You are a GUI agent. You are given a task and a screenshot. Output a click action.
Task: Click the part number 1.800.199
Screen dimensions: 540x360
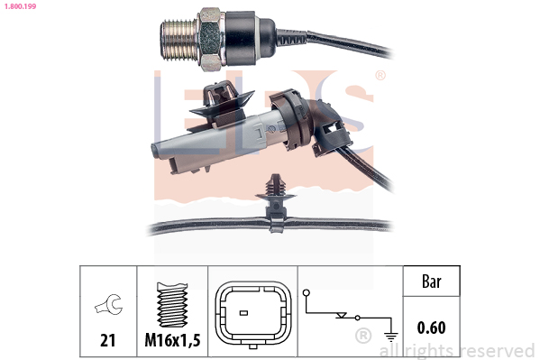20,6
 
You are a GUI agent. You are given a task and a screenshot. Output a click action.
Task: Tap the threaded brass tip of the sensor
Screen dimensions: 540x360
178,40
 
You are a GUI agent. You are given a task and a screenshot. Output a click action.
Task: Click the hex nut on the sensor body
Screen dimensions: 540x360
210,40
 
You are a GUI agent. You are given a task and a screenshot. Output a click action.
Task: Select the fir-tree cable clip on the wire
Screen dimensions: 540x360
275,203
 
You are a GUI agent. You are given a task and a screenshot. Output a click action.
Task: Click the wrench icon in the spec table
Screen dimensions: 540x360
109,304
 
